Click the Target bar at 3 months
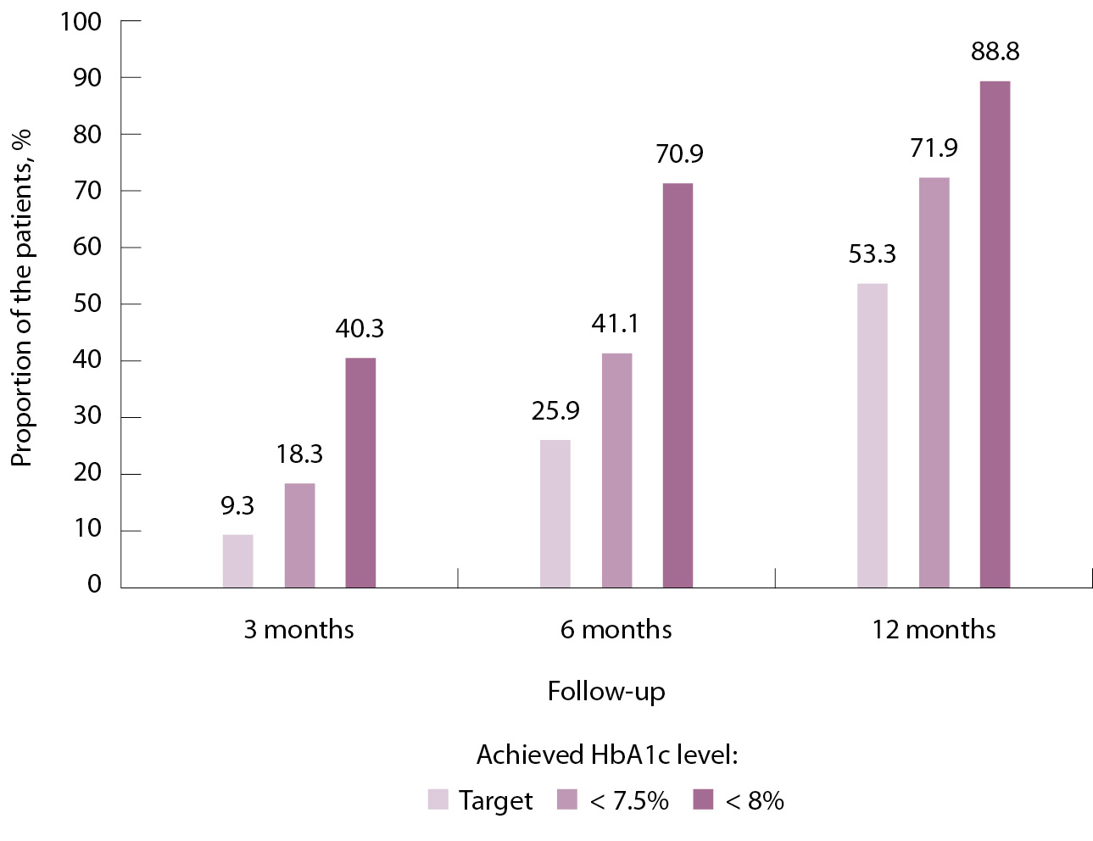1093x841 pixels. (x=237, y=560)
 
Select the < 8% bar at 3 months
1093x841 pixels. (x=360, y=472)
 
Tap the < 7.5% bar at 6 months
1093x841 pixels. (x=616, y=470)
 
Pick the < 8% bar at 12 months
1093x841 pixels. (x=995, y=334)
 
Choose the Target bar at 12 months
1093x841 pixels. (x=873, y=435)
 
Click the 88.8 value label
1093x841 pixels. (x=995, y=52)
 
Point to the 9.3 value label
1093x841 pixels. (x=237, y=506)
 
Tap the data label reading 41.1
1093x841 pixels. (x=616, y=324)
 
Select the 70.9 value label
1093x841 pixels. (x=679, y=154)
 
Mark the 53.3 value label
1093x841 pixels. (x=873, y=254)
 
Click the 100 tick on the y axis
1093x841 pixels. (x=81, y=22)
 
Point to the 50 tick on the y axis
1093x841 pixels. (x=87, y=304)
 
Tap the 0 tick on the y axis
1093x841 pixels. (x=94, y=584)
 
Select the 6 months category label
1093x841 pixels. (x=616, y=630)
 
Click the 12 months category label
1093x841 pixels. (x=934, y=630)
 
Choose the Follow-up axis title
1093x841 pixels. (x=606, y=692)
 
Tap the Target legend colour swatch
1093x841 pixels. (x=438, y=799)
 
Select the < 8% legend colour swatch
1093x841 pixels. (x=703, y=799)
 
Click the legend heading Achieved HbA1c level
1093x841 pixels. (x=606, y=755)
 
